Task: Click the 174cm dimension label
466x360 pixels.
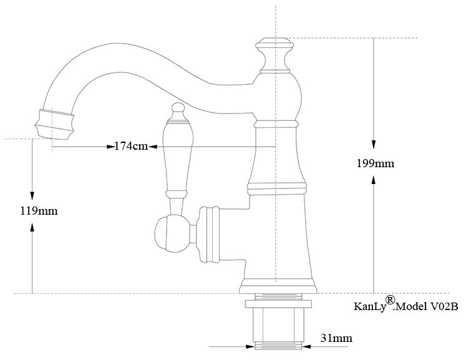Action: pos(131,147)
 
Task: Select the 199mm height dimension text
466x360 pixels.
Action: pos(374,163)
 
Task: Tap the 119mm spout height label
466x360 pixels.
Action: pos(39,210)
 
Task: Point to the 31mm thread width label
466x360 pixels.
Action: pos(336,339)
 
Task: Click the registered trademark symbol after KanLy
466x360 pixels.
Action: pos(390,300)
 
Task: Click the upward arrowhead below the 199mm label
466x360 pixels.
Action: pos(374,180)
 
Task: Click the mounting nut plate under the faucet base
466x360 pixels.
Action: pos(278,304)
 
